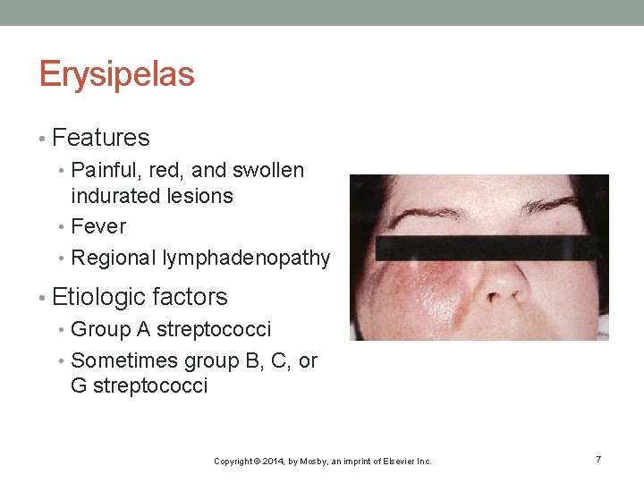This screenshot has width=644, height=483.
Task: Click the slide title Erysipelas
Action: (116, 75)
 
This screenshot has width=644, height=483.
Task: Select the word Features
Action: (101, 138)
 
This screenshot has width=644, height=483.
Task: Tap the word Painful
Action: (103, 170)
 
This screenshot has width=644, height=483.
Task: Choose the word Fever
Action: (97, 226)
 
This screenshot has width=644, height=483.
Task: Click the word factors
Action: (190, 297)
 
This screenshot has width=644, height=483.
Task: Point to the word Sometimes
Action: (123, 360)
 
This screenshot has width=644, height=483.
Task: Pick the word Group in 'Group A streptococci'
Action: (100, 329)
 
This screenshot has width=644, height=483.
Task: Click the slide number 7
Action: (598, 459)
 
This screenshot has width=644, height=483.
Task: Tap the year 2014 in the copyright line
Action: (270, 462)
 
